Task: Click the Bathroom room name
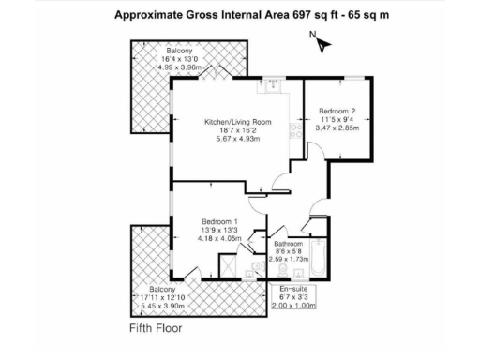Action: pos(288,242)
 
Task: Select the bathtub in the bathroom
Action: pos(319,257)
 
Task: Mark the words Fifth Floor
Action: pos(157,330)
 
